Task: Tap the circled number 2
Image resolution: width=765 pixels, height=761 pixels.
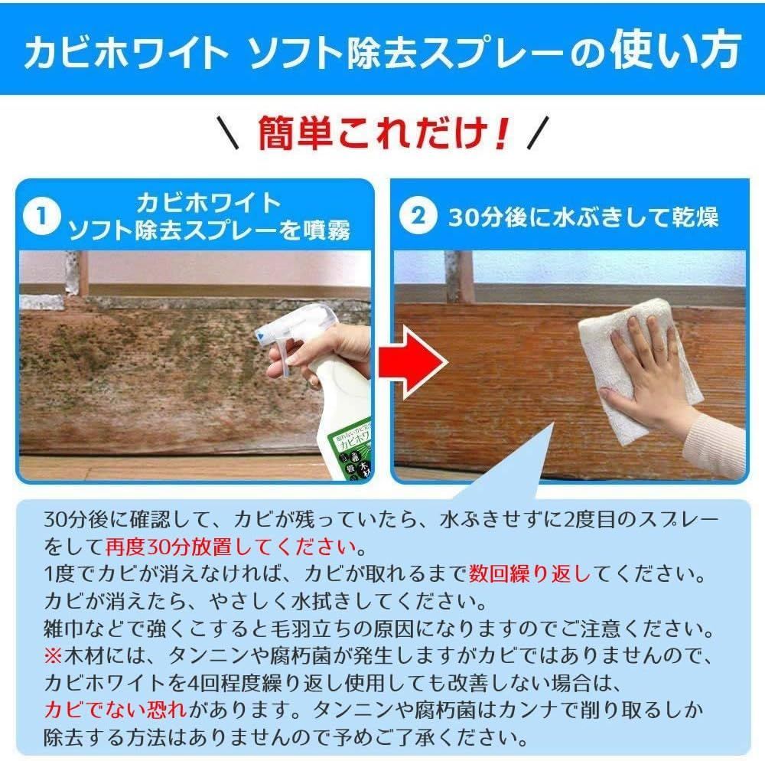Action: (418, 217)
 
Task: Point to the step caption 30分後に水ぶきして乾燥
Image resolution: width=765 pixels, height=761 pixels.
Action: (583, 217)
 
